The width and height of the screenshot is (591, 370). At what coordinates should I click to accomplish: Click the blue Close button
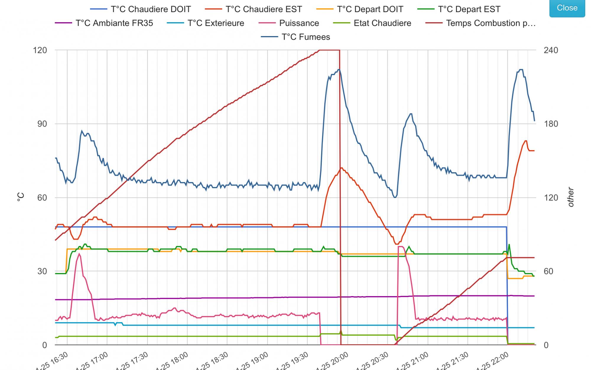(567, 8)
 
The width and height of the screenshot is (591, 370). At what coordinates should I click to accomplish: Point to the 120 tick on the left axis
(40, 50)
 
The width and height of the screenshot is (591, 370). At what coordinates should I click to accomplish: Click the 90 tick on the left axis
(42, 124)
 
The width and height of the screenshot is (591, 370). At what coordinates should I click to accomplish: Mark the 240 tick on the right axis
(551, 50)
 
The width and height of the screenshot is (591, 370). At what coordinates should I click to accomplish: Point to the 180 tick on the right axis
(551, 124)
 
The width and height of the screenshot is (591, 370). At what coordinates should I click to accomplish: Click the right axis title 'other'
(571, 197)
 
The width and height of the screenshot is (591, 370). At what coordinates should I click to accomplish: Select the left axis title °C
(20, 197)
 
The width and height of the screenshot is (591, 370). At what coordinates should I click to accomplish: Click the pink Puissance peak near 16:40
(79, 254)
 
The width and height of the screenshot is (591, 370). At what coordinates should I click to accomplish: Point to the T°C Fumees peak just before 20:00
(339, 70)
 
